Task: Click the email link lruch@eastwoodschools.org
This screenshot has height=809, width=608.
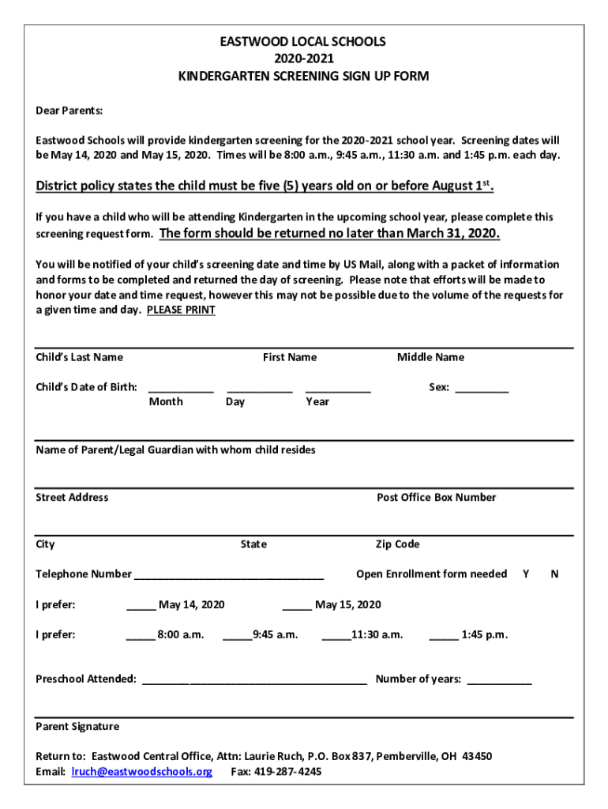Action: tap(142, 772)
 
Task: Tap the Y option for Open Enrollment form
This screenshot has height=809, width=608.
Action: tap(526, 574)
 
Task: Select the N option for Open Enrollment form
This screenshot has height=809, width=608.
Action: tap(554, 574)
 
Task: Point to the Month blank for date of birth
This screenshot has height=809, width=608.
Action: tap(181, 389)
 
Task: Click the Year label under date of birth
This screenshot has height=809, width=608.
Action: tap(317, 402)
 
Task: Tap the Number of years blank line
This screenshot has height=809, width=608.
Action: tap(499, 680)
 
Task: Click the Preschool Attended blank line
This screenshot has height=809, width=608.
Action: tap(253, 680)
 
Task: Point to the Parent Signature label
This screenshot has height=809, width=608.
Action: tap(77, 727)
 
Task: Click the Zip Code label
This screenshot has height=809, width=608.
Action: tap(397, 544)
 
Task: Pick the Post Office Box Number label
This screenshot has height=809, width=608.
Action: tap(436, 498)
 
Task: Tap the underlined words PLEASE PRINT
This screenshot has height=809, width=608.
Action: tap(181, 310)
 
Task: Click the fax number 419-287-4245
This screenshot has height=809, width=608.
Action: tap(287, 772)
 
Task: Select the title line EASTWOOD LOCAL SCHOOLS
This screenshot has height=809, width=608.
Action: tap(303, 42)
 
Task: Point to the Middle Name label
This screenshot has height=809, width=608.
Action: tap(430, 358)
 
